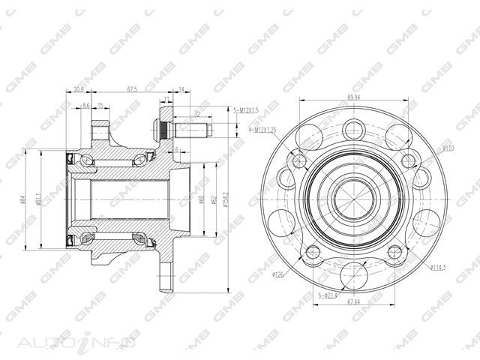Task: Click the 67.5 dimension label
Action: click(133, 89)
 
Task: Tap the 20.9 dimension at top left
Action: click(79, 89)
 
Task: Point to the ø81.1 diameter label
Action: click(38, 199)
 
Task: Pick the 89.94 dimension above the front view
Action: click(352, 97)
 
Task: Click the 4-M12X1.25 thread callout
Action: click(251, 129)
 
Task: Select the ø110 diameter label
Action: click(448, 148)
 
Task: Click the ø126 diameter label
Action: click(277, 274)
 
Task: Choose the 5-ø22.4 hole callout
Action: click(328, 295)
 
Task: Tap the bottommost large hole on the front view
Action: click(352, 276)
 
